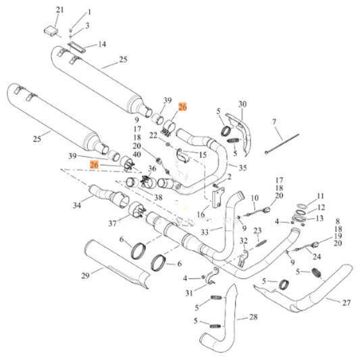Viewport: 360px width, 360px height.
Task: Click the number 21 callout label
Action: pos(59,9)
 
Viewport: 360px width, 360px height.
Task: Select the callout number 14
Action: pos(102,45)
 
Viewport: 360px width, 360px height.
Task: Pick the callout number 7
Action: pos(274,122)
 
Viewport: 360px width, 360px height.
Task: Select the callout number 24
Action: pos(317,257)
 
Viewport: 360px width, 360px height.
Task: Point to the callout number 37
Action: pos(112,224)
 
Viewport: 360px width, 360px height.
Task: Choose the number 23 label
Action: pos(257,231)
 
